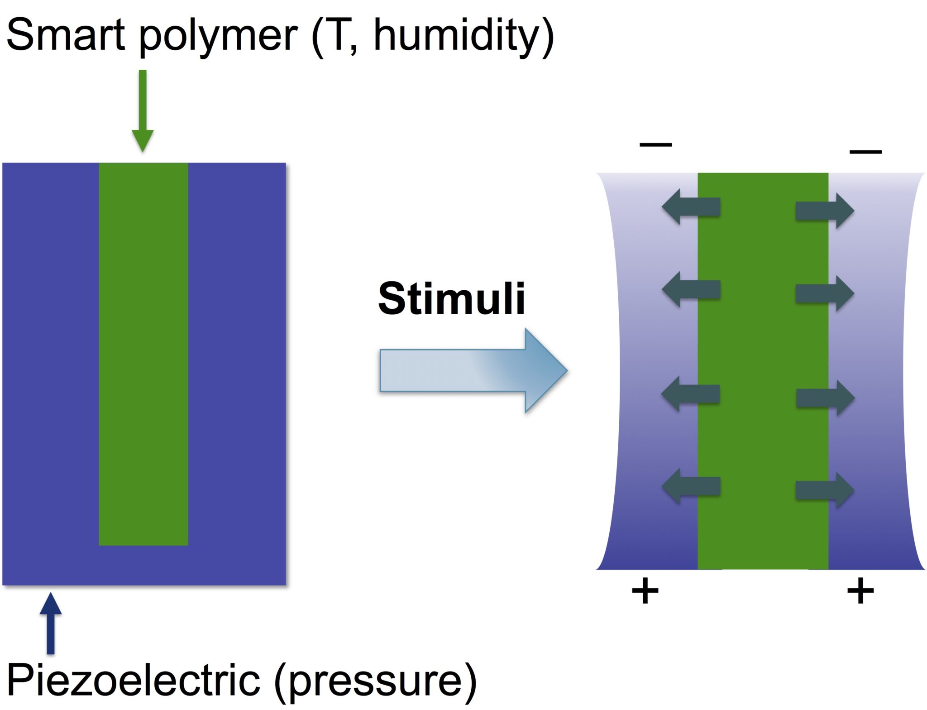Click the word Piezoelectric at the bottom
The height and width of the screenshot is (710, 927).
pos(134,680)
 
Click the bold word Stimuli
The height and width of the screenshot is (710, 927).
pos(451,298)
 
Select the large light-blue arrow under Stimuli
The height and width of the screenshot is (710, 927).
pos(473,370)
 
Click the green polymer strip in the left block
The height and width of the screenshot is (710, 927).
pos(143,354)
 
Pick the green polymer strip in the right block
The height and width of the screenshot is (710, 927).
pos(763,371)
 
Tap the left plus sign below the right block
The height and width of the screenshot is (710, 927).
pos(645,590)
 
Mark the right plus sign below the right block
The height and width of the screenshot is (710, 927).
pos(860,590)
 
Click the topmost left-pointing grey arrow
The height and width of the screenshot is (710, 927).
pos(691,207)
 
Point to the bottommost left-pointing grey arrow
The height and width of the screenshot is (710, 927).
pos(691,486)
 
